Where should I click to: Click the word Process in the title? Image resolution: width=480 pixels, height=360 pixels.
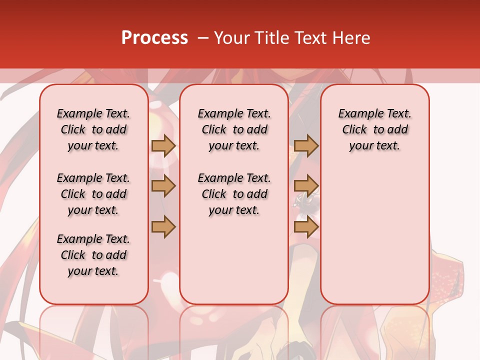(x=154, y=38)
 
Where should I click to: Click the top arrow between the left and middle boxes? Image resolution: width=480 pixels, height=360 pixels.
(x=163, y=145)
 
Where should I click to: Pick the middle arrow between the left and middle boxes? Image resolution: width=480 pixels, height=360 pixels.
(x=163, y=186)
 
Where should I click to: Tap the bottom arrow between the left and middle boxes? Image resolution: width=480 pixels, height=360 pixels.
(x=163, y=227)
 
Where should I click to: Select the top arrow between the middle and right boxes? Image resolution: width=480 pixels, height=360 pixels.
(x=306, y=145)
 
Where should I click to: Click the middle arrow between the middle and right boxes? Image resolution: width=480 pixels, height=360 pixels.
(x=306, y=186)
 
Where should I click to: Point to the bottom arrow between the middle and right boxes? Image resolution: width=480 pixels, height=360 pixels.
(x=306, y=227)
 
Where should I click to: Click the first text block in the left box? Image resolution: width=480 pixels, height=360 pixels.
(x=93, y=129)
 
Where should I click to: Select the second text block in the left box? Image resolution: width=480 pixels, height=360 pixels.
(x=93, y=194)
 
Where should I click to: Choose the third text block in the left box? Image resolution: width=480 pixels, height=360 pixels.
(x=93, y=255)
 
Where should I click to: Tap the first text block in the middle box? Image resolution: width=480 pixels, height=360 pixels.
(x=234, y=129)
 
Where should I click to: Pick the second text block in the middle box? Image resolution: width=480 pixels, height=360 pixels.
(x=234, y=194)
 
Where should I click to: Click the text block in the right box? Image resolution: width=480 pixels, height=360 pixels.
(x=375, y=129)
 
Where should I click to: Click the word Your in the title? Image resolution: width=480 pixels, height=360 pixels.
(x=231, y=38)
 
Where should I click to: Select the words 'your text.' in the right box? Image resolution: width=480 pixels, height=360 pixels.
(x=375, y=146)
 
